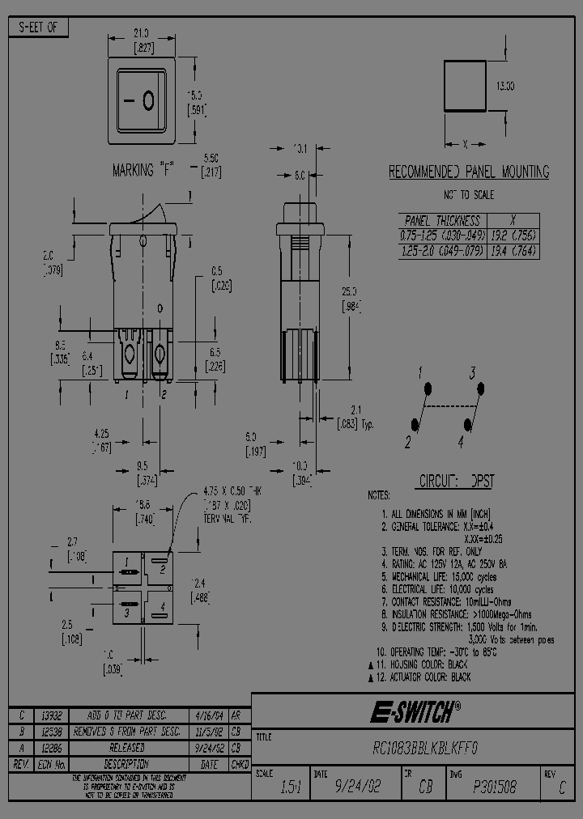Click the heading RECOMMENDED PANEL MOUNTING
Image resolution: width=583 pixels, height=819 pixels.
click(469, 172)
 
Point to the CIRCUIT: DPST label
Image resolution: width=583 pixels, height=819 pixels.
click(455, 481)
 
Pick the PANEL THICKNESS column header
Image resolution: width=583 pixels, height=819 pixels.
click(442, 220)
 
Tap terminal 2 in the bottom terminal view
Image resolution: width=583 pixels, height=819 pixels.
click(163, 568)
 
